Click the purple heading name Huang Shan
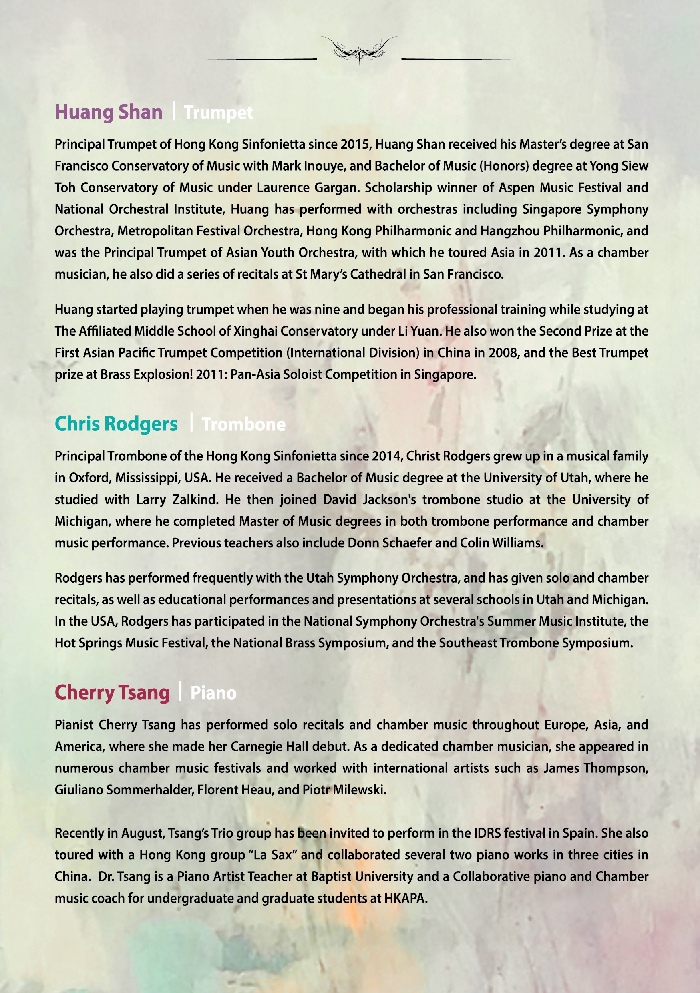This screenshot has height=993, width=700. pyautogui.click(x=108, y=112)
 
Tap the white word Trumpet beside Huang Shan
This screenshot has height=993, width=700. pyautogui.click(x=219, y=113)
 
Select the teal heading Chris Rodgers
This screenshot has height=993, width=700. pyautogui.click(x=116, y=424)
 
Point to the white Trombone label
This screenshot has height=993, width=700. pyautogui.click(x=243, y=425)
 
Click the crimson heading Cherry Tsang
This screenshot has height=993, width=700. pyautogui.click(x=112, y=692)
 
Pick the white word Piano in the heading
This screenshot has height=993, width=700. pyautogui.click(x=213, y=693)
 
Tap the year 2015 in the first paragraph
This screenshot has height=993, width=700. pyautogui.click(x=356, y=145)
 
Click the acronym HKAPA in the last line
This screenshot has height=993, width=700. pyautogui.click(x=405, y=898)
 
